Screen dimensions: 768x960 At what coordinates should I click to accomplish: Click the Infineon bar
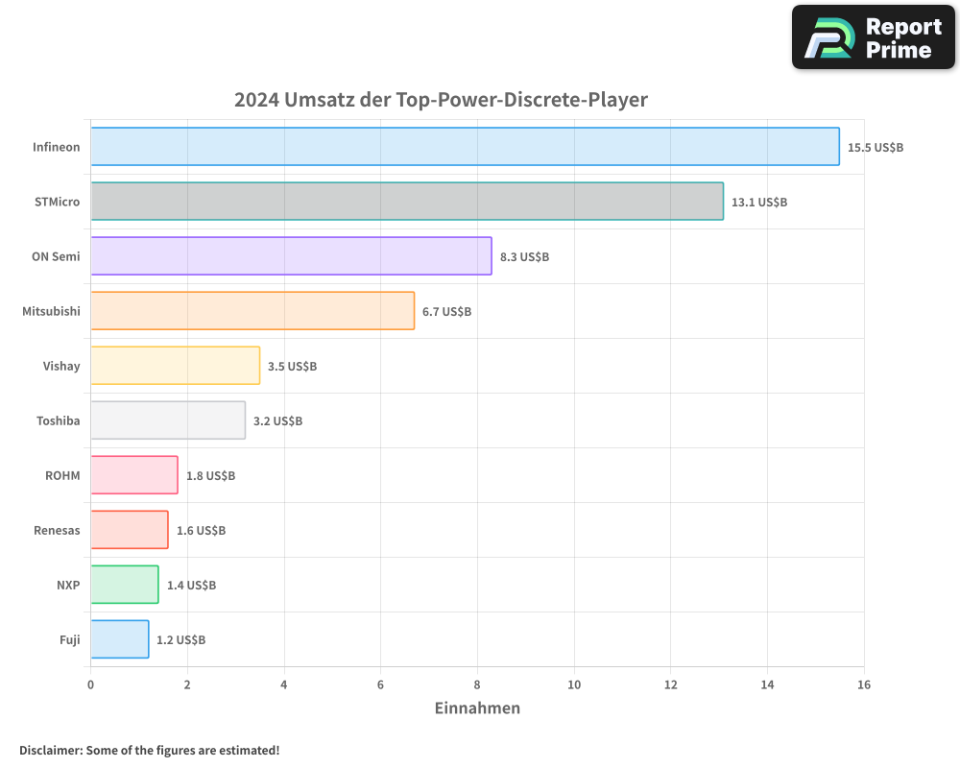(x=465, y=147)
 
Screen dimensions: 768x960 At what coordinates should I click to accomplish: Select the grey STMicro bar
(x=407, y=202)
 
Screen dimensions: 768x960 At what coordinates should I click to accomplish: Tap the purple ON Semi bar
(x=291, y=256)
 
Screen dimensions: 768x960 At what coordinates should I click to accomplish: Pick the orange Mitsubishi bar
(x=252, y=311)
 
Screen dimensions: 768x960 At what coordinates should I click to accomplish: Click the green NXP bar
(x=125, y=585)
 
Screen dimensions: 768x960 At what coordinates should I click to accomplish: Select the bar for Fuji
(x=120, y=639)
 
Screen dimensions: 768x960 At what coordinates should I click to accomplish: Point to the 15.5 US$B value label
(x=876, y=148)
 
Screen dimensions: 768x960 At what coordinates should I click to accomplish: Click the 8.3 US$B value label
(x=524, y=257)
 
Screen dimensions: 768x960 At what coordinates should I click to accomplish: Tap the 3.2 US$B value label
(x=277, y=421)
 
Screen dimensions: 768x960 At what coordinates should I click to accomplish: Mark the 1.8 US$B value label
(x=210, y=476)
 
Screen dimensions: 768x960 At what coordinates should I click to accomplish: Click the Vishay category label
(x=61, y=367)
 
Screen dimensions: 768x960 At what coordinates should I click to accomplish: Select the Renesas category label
(x=57, y=531)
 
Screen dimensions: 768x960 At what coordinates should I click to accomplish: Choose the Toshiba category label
(x=59, y=421)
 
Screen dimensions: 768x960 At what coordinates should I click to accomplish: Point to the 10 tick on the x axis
(x=574, y=685)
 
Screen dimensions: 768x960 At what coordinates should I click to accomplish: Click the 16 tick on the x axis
(x=863, y=685)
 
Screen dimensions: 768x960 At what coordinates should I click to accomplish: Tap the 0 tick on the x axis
(x=91, y=685)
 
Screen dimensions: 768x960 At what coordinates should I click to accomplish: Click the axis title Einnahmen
(x=477, y=708)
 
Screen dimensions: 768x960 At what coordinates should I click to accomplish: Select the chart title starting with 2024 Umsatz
(x=441, y=100)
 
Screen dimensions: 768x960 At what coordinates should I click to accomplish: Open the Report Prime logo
(x=874, y=37)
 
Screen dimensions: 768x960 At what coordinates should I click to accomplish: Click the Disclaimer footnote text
(x=150, y=750)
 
